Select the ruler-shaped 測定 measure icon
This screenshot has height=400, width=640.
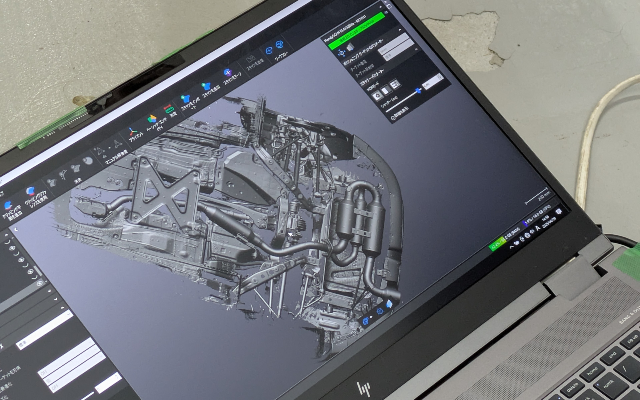pos(169,109)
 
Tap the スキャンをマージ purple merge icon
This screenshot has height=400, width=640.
pos(228,73)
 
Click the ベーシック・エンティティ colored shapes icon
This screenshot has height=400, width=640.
pos(152,119)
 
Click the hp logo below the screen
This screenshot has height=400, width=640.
pos(364,389)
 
